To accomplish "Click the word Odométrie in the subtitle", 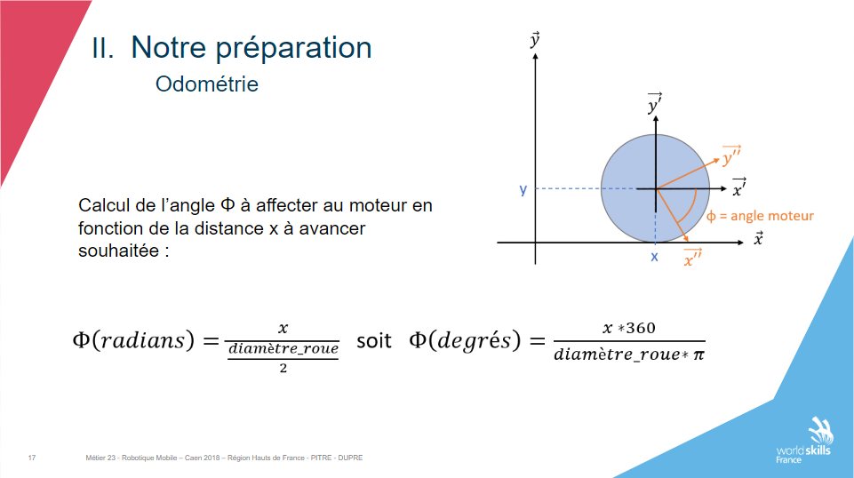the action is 207,84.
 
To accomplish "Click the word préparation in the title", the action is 293,49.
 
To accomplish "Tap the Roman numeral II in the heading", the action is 102,48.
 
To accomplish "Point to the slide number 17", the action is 32,458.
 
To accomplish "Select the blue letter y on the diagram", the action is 523,189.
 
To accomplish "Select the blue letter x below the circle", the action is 654,257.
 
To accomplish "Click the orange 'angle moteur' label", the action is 761,216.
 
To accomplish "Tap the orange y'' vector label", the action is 731,155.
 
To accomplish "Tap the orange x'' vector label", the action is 693,258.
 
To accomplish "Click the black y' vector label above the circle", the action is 655,103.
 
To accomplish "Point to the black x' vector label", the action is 739,187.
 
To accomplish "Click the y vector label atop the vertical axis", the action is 535,40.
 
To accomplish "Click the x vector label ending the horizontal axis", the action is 758,238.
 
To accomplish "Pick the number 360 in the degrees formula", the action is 641,328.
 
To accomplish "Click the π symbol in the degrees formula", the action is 698,355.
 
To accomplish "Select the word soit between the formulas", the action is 373,341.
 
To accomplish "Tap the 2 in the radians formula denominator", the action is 283,369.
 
